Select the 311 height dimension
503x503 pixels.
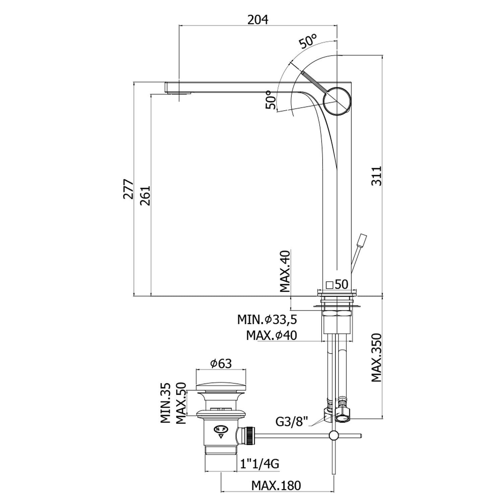point(377,175)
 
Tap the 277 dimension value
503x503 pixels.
point(128,189)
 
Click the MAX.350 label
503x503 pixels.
point(377,357)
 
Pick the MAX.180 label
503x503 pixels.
point(276,486)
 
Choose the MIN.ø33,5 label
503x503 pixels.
point(267,320)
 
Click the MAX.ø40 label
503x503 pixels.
point(272,335)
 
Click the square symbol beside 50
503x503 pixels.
point(329,285)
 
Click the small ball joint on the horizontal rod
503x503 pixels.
point(334,435)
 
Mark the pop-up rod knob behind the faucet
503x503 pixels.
point(362,240)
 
